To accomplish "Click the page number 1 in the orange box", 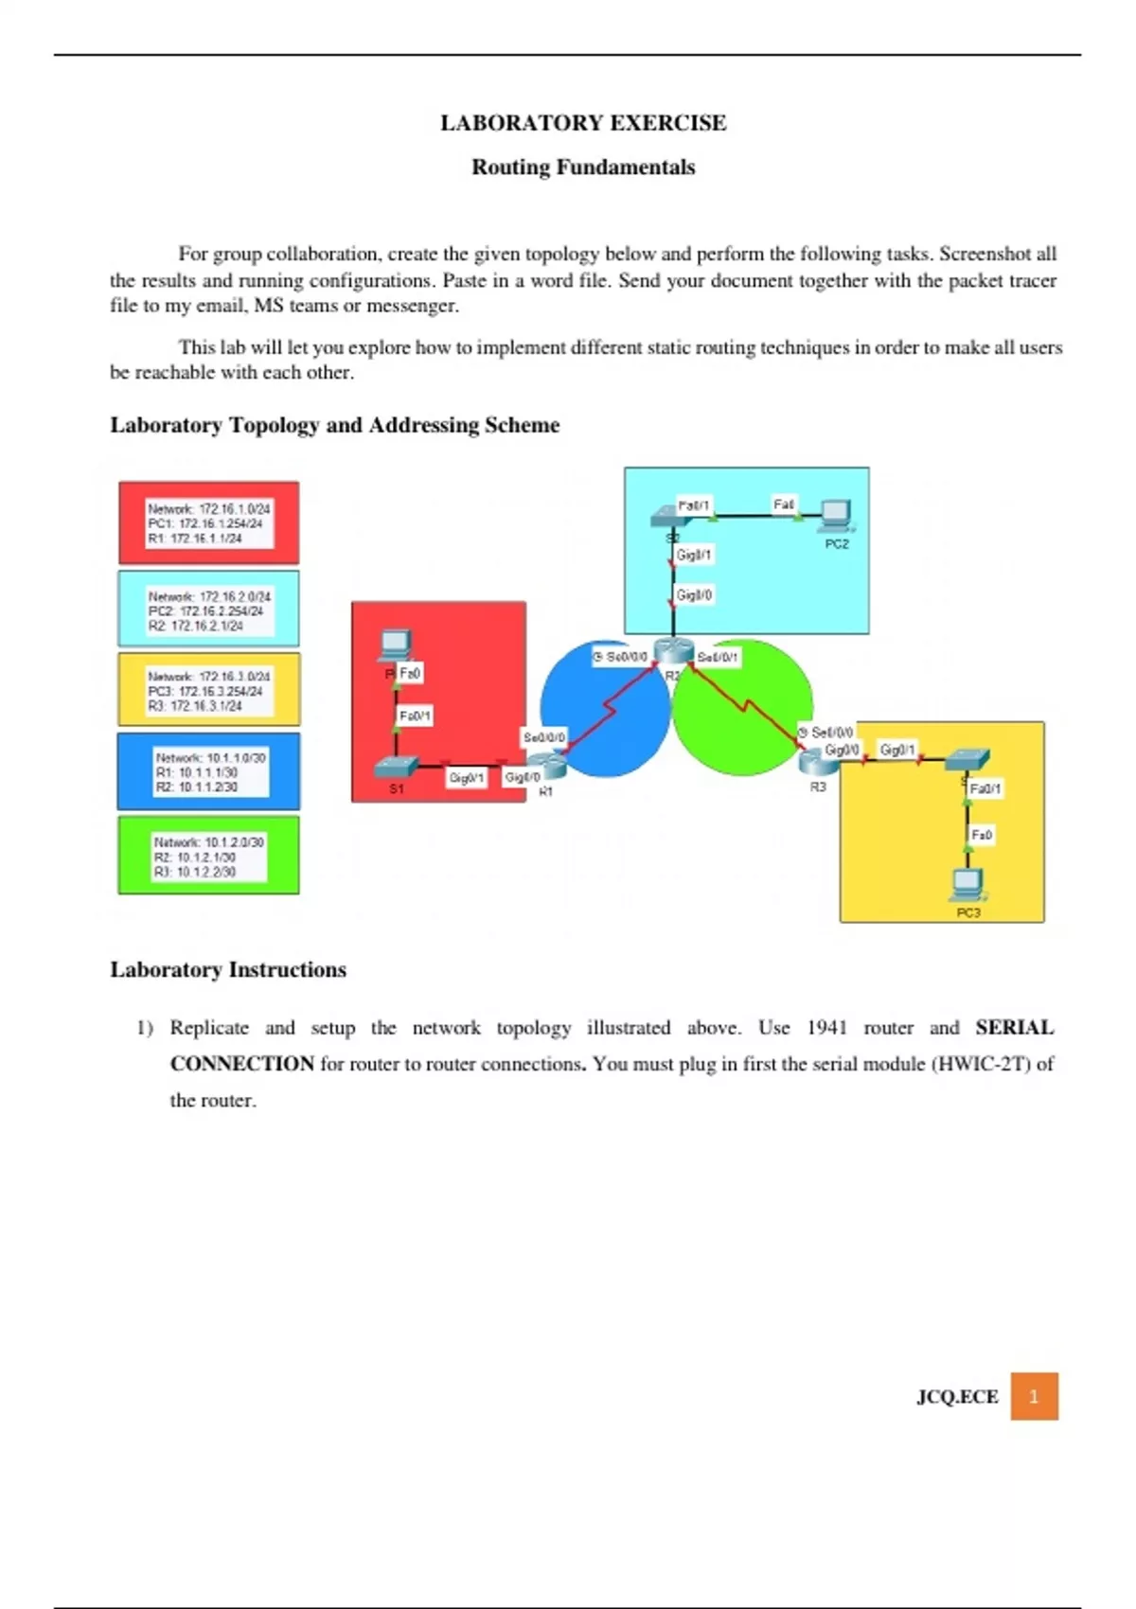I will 1034,1396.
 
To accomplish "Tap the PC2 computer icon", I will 836,514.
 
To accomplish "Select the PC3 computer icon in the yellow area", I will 967,884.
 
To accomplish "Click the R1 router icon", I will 546,764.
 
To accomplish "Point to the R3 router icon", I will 812,760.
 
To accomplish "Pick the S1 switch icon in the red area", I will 396,768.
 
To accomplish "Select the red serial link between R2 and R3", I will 748,705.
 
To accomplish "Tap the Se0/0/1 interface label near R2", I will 718,657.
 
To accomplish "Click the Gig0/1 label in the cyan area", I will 694,555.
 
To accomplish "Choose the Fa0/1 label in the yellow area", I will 985,788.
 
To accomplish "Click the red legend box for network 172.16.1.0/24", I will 209,523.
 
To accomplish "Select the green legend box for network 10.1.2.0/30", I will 209,856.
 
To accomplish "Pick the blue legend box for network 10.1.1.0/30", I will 209,771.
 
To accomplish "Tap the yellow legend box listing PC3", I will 209,690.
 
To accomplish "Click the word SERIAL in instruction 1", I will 1014,1028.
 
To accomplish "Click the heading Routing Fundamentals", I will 583,168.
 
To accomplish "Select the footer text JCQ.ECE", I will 957,1397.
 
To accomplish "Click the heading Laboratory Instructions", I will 228,970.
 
